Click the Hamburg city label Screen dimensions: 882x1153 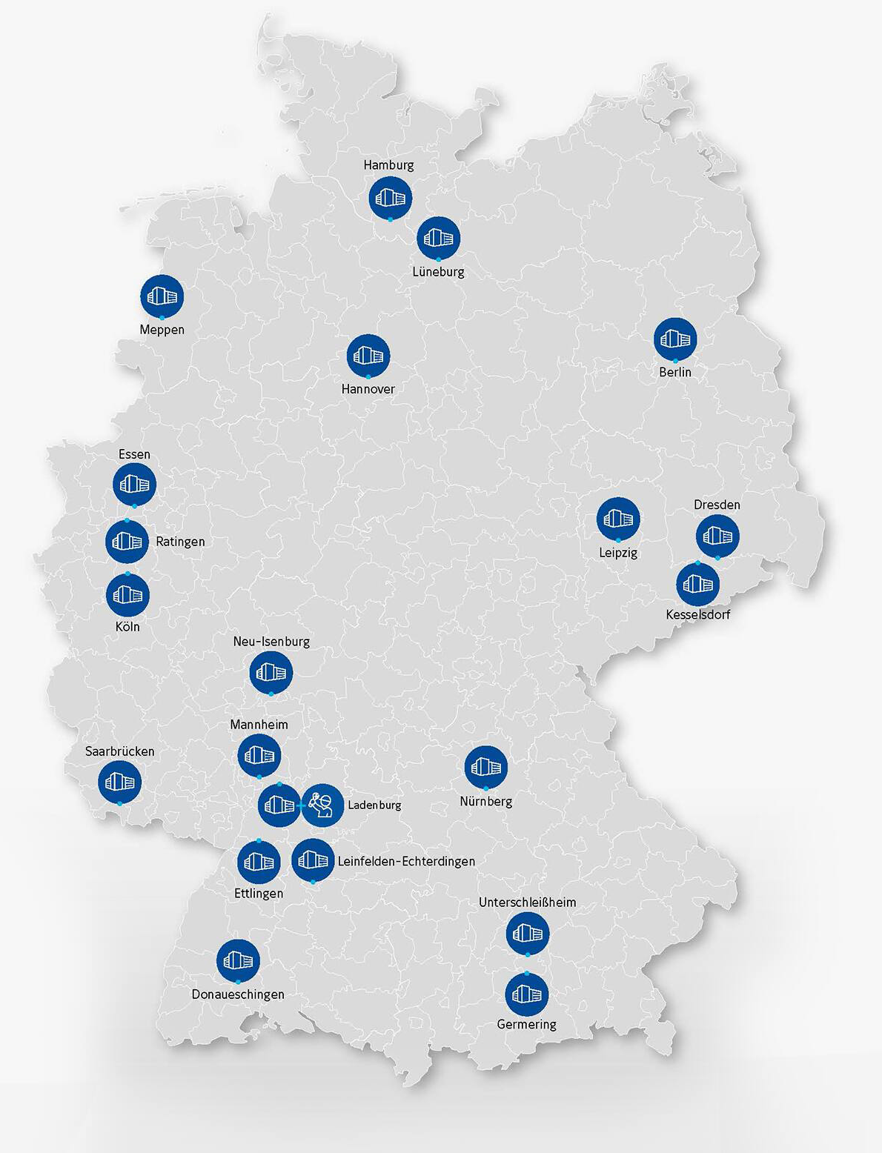click(x=388, y=165)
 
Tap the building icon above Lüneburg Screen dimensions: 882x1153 click(x=439, y=238)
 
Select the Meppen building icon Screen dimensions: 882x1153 click(x=162, y=296)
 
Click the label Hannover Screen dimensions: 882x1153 click(x=368, y=389)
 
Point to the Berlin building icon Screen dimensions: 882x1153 click(x=675, y=339)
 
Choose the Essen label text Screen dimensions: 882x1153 click(x=134, y=454)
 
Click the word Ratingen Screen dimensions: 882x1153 click(x=180, y=542)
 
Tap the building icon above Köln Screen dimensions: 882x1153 click(x=127, y=594)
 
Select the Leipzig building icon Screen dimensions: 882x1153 click(x=618, y=519)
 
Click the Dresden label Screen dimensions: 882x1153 click(x=717, y=505)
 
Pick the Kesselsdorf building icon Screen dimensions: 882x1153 click(x=698, y=584)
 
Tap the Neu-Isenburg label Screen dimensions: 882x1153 click(x=271, y=642)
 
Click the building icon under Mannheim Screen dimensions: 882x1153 click(x=259, y=755)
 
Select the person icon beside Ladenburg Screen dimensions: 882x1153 click(x=322, y=805)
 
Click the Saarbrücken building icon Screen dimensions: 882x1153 click(x=120, y=781)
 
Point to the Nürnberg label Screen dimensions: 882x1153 click(x=485, y=802)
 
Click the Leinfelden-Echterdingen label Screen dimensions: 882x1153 click(x=406, y=861)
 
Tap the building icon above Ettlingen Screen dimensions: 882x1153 click(x=259, y=862)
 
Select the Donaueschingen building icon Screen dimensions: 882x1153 click(x=238, y=961)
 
